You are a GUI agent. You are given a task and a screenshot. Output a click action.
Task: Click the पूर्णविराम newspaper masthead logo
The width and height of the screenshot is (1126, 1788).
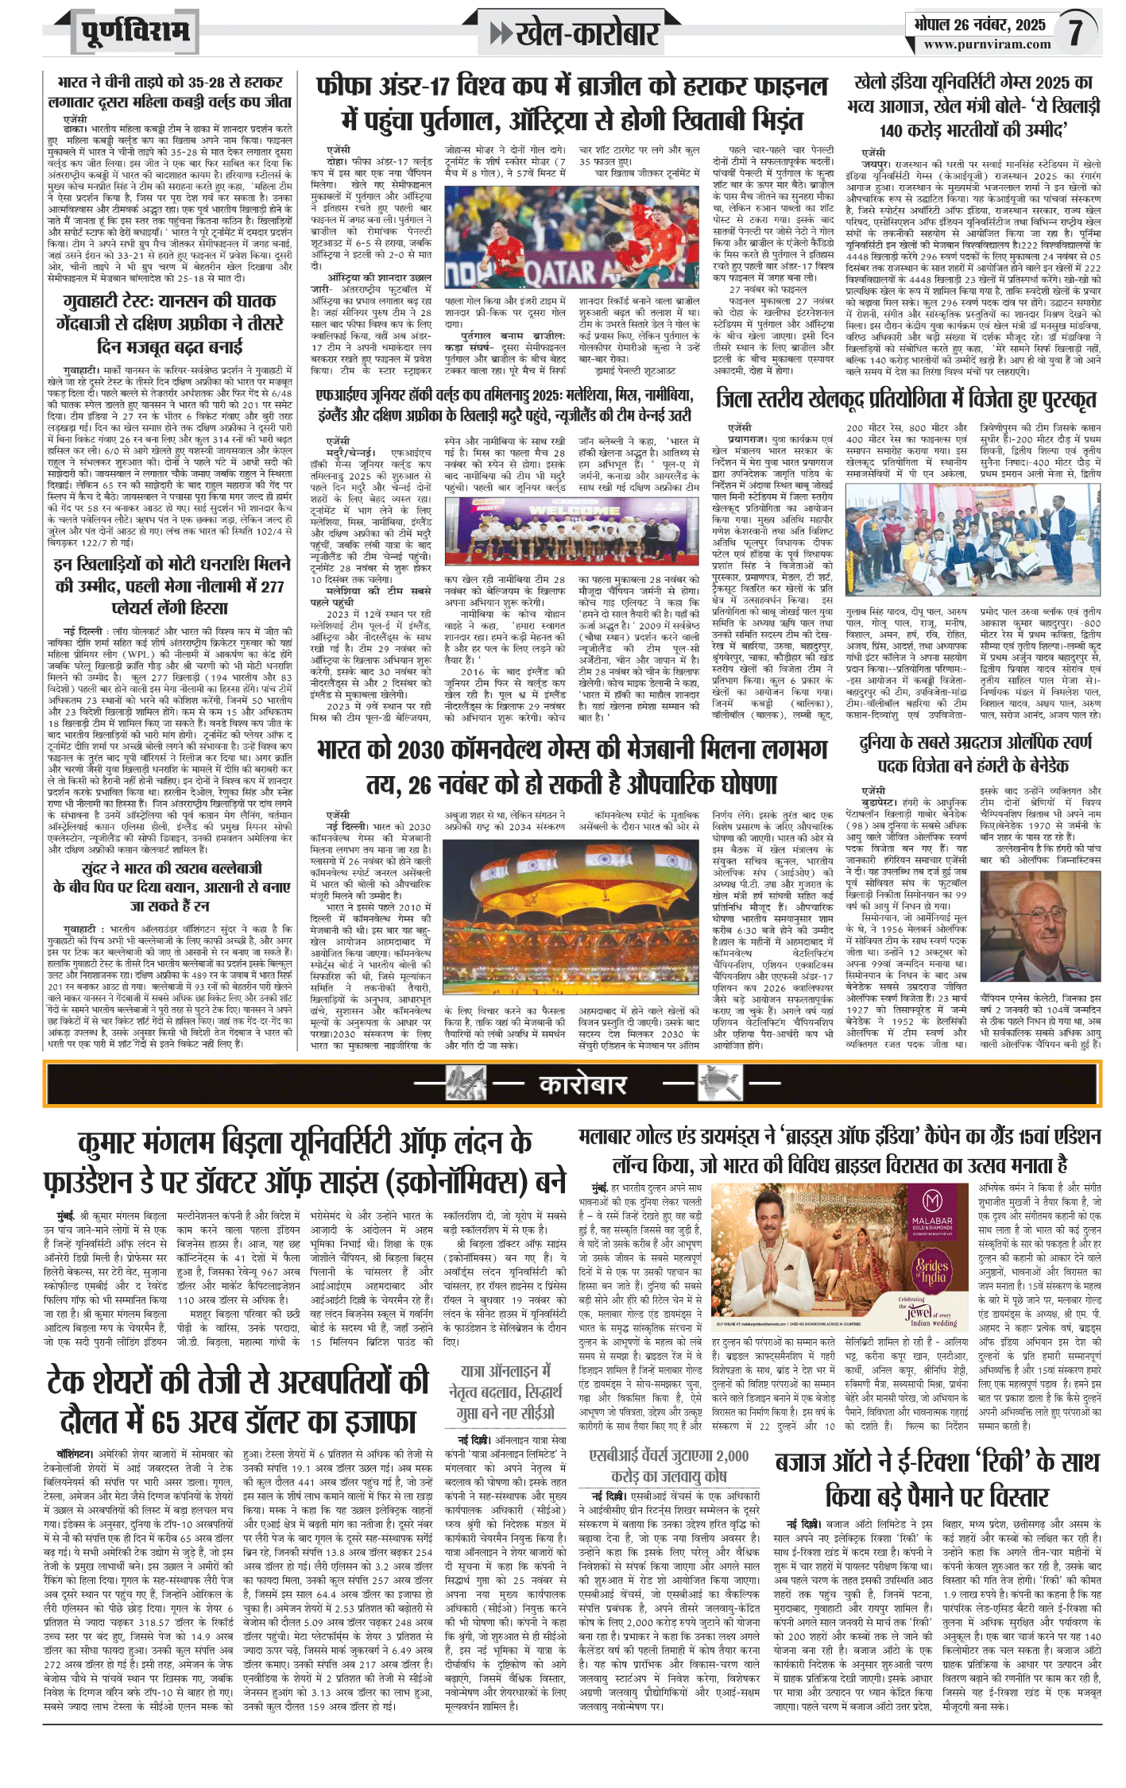135,33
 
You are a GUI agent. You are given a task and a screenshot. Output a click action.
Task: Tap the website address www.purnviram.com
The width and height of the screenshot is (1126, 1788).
987,44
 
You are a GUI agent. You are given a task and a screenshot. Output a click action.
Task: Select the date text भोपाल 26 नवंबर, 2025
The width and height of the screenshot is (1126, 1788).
979,25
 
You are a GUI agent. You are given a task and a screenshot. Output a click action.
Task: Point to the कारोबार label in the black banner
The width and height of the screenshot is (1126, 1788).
583,1084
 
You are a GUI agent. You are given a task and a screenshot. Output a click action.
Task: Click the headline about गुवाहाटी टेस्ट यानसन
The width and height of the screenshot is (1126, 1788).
170,324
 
